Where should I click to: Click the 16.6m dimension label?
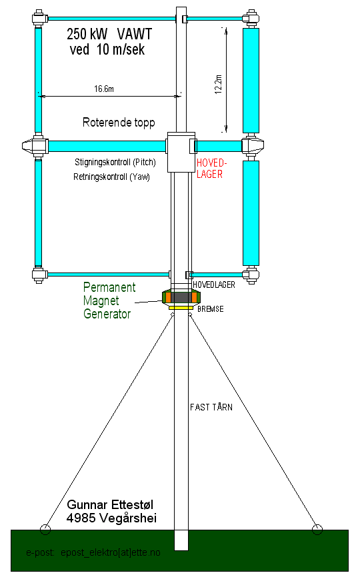click(x=104, y=89)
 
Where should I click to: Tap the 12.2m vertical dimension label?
click(x=218, y=84)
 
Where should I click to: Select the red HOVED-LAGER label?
click(x=211, y=168)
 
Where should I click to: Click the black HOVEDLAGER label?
click(x=214, y=285)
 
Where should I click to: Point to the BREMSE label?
click(x=211, y=309)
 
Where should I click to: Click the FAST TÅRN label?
click(x=211, y=406)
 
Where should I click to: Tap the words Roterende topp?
click(x=119, y=123)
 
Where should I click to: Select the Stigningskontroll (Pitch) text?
click(x=115, y=163)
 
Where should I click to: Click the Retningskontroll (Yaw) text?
click(x=111, y=177)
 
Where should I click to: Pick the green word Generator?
click(x=107, y=314)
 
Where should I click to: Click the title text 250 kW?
click(x=87, y=34)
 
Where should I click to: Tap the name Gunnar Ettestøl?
click(x=110, y=504)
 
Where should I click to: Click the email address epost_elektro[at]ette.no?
click(x=111, y=552)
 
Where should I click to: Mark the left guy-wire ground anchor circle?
click(x=45, y=529)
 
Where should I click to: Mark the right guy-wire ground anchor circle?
click(x=317, y=530)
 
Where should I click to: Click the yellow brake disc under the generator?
click(x=181, y=307)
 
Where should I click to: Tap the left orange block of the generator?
click(x=168, y=297)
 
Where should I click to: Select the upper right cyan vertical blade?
click(x=251, y=80)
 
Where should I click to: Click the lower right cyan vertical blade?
click(x=251, y=213)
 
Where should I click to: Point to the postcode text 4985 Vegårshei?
click(x=111, y=518)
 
